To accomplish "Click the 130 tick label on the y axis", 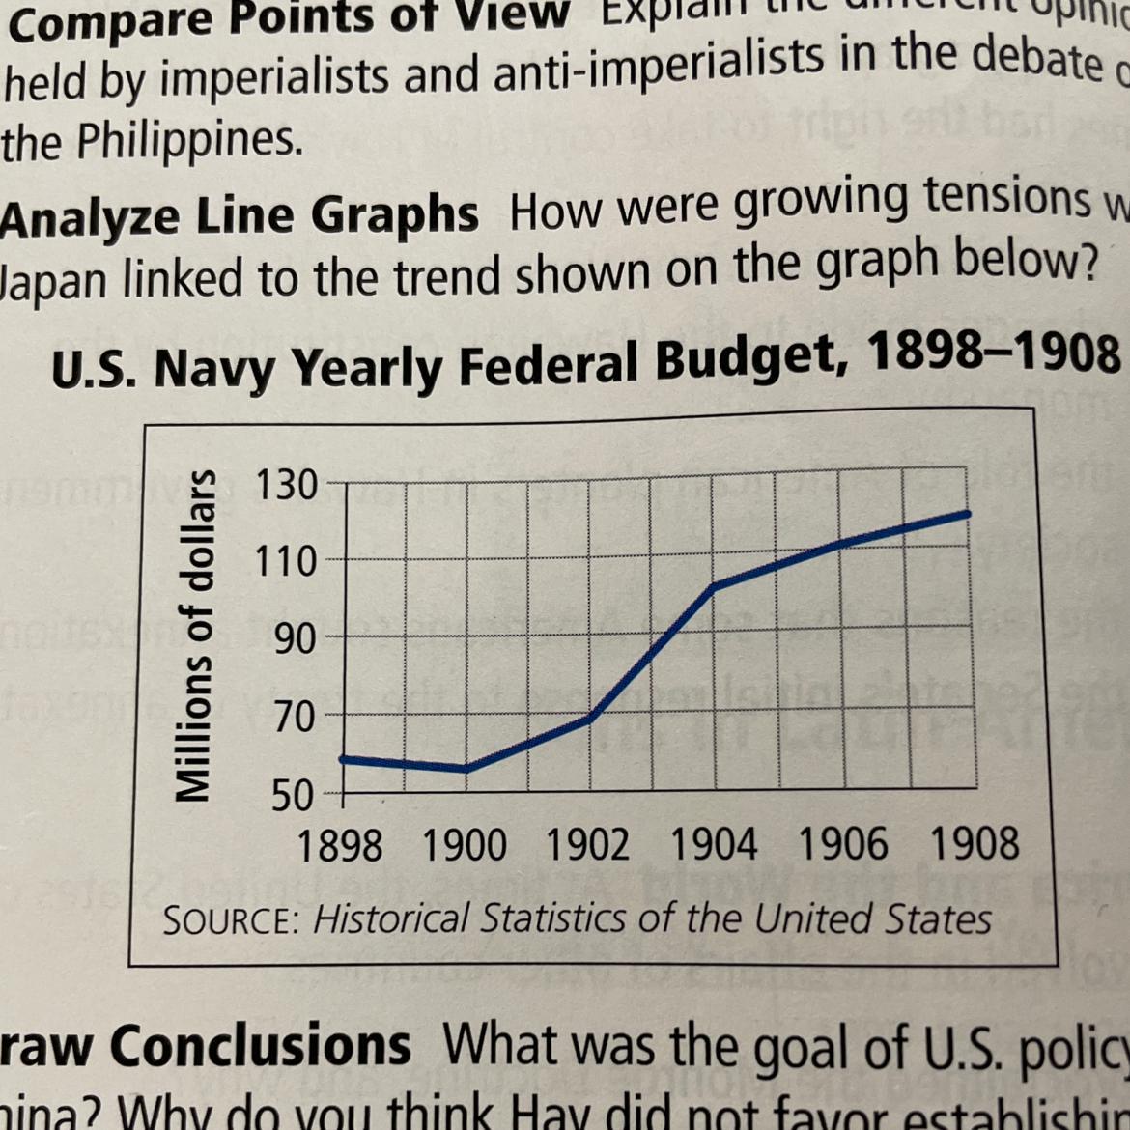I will pos(286,485).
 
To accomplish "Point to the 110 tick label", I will pos(286,560).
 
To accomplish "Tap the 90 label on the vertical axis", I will pos(293,638).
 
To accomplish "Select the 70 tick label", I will pos(293,717).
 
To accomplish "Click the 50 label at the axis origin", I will pos(293,796).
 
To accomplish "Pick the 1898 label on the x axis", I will pos(340,846).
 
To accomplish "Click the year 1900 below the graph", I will pos(465,846).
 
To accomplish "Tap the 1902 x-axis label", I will pos(588,846).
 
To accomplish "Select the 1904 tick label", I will pos(715,846).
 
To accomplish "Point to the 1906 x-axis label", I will pos(843,844).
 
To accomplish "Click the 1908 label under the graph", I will pos(975,843).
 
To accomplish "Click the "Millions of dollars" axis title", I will pos(194,636).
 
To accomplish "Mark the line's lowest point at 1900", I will pos(466,769).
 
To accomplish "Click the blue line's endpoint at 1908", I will pos(967,515).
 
